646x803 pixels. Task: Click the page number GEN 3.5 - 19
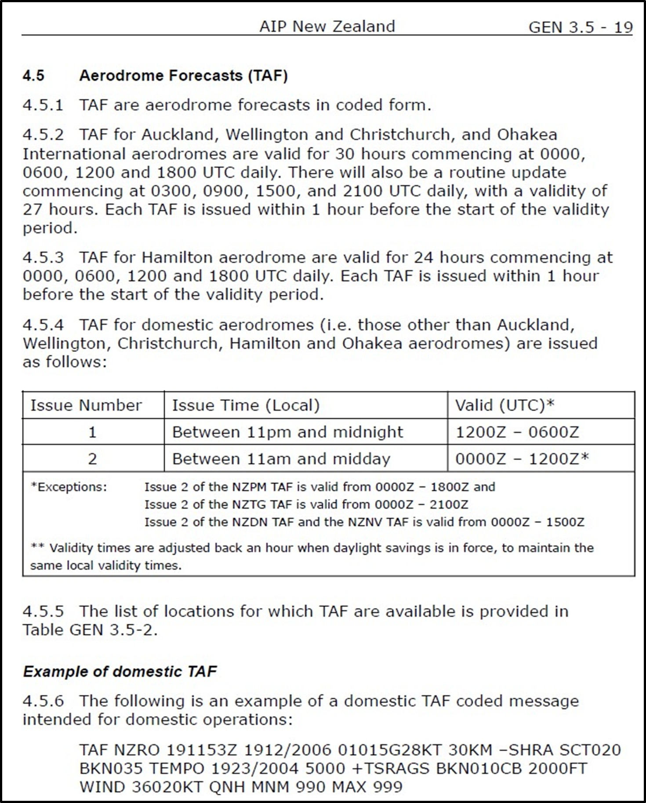click(x=580, y=27)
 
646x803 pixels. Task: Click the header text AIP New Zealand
click(x=327, y=26)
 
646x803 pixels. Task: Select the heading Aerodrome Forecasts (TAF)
click(x=183, y=76)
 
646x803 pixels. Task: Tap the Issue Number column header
click(x=86, y=405)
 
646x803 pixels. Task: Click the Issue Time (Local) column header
click(x=246, y=405)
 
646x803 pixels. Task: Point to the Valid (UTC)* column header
click(x=504, y=405)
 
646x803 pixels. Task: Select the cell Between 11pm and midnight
click(x=287, y=432)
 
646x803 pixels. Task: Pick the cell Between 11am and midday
click(x=281, y=459)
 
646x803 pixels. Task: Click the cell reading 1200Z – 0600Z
click(x=517, y=432)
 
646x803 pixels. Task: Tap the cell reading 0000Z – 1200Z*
click(x=522, y=459)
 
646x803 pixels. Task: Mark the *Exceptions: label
click(x=69, y=487)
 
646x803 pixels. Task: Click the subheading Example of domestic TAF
click(x=120, y=672)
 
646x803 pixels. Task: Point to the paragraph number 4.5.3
click(x=43, y=257)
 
